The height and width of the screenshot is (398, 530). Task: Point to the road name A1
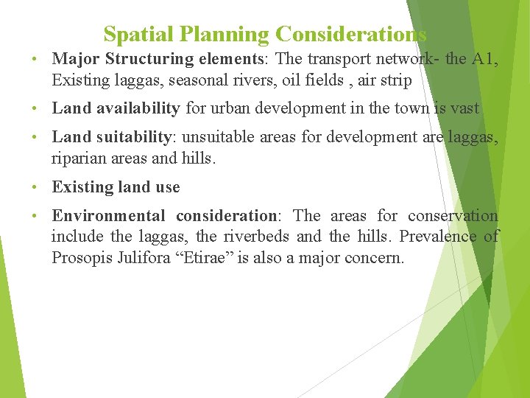(483, 59)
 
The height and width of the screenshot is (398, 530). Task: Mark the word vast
(464, 108)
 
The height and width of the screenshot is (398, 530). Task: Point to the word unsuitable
(216, 137)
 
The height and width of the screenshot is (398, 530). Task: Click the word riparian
(76, 158)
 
